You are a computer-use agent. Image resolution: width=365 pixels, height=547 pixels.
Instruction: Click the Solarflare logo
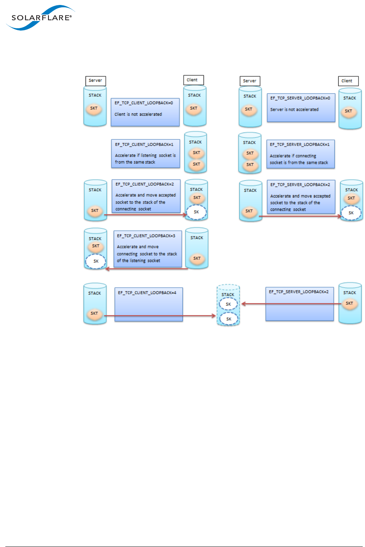point(40,18)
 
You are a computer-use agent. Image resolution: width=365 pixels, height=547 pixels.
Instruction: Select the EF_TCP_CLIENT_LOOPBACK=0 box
point(145,112)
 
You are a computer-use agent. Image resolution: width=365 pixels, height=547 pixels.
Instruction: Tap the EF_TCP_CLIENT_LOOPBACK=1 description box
point(145,154)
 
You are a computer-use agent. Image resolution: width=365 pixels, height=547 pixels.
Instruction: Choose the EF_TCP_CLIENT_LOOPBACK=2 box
point(146,196)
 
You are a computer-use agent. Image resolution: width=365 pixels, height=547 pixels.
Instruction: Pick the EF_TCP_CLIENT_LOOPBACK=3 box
point(147,248)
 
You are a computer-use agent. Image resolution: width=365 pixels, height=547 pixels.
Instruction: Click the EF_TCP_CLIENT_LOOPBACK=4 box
point(149,304)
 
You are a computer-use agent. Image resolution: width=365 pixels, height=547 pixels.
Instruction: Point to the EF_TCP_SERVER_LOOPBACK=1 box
point(300,154)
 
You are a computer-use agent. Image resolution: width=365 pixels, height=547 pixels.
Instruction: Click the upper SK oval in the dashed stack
point(228,304)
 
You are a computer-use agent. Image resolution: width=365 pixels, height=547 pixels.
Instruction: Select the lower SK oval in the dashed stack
point(229,319)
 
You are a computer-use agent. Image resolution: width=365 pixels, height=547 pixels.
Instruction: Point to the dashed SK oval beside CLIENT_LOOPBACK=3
point(95,261)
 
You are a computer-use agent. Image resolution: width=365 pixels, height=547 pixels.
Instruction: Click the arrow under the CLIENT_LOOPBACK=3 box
point(147,269)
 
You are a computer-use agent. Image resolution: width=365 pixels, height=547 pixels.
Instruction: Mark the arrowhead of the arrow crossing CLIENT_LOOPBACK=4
point(214,316)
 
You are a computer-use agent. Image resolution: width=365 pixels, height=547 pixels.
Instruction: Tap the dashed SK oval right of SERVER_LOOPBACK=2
point(351,213)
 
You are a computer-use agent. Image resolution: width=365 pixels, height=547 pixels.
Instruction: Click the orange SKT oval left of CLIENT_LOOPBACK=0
point(94,108)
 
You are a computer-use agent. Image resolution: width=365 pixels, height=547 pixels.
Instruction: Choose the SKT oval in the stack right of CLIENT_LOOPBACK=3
point(197,259)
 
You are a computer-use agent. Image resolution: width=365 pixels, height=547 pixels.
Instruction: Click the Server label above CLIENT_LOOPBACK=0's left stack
point(95,81)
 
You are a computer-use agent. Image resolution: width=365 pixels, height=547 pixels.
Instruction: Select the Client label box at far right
point(348,81)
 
